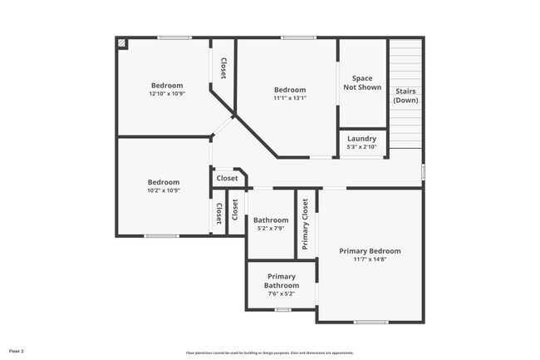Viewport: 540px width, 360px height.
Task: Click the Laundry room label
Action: [x=361, y=139]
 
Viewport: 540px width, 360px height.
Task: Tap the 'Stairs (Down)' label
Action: [x=405, y=95]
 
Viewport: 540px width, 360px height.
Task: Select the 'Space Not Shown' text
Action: [x=361, y=82]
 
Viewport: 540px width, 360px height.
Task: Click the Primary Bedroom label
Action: [x=370, y=251]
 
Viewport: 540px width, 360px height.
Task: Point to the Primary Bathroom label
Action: [x=281, y=280]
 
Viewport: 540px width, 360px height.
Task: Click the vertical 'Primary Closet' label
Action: [x=305, y=224]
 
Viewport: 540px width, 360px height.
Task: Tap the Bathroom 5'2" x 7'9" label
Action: [x=271, y=220]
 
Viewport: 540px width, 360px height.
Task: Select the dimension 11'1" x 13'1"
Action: [x=290, y=98]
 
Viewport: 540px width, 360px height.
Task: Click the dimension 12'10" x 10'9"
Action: [x=166, y=94]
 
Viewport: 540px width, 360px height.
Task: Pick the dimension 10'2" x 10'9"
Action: [x=164, y=190]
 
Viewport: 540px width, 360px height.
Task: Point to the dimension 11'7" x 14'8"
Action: [x=370, y=259]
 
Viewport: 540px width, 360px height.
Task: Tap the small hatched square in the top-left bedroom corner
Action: [x=122, y=42]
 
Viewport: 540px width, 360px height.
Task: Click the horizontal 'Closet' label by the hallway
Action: [x=227, y=178]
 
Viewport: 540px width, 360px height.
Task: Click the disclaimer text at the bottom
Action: [x=269, y=353]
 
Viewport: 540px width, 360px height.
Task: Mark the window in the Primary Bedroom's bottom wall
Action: [x=371, y=322]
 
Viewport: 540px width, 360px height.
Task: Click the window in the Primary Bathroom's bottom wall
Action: [x=282, y=309]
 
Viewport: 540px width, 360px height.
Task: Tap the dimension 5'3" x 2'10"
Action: [x=361, y=147]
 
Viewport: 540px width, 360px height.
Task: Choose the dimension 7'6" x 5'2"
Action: [x=281, y=293]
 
